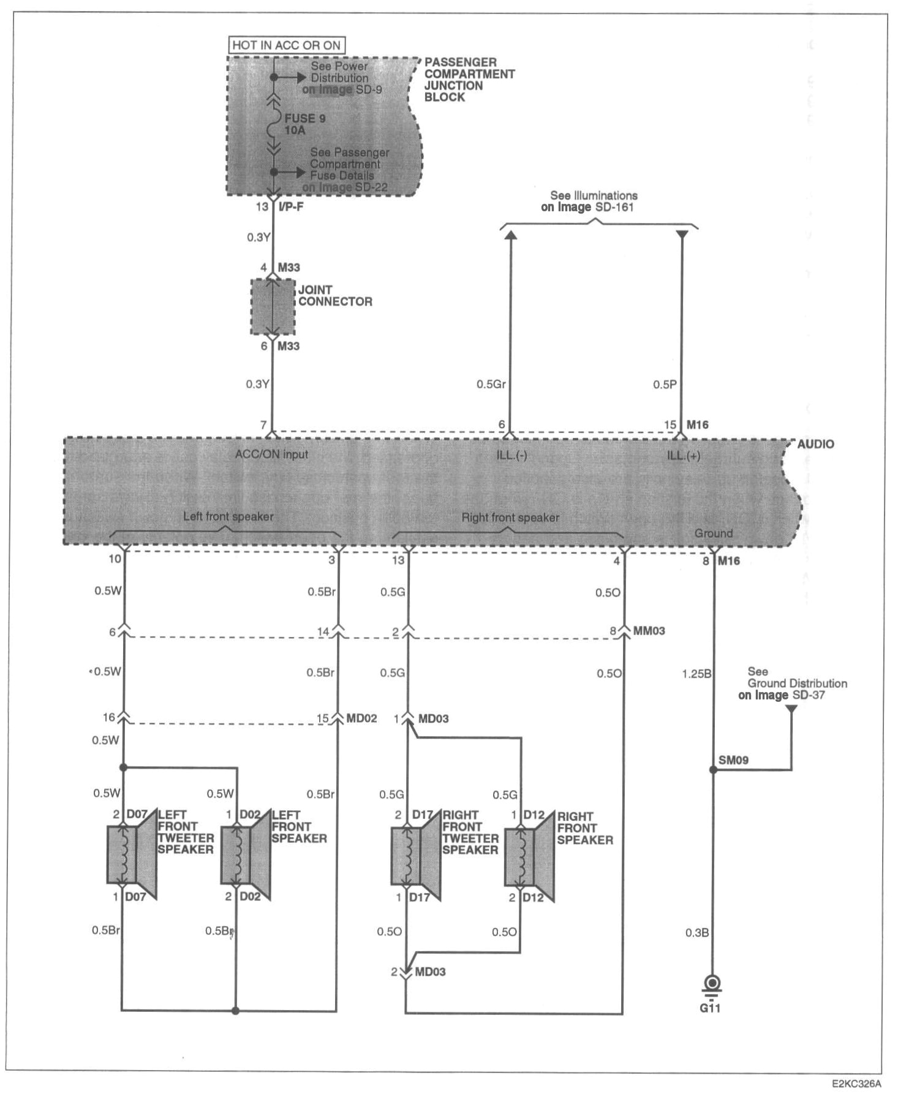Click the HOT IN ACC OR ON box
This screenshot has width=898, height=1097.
pos(286,45)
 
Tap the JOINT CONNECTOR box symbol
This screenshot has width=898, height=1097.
pos(273,307)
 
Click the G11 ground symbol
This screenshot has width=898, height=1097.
pos(712,986)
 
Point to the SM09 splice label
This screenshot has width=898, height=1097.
pos(733,760)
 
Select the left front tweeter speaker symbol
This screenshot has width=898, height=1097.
pos(131,855)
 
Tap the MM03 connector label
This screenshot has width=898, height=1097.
pos(649,630)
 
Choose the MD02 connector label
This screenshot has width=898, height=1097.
pos(361,718)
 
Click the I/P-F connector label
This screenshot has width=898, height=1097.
pos(291,207)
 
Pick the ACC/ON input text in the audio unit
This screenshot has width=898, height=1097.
pos(271,454)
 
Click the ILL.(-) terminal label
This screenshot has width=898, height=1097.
pos(511,456)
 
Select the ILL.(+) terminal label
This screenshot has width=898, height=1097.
pos(684,456)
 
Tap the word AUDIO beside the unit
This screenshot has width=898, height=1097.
pos(815,444)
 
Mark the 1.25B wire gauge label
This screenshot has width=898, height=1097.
pos(696,674)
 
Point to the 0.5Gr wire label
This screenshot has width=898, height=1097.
pos(491,385)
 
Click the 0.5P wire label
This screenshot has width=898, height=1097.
pos(665,385)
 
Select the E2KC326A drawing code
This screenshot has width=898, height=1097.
pos(856,1084)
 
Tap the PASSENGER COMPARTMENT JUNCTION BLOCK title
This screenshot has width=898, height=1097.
pos(469,80)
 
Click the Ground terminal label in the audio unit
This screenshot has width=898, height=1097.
pos(713,533)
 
